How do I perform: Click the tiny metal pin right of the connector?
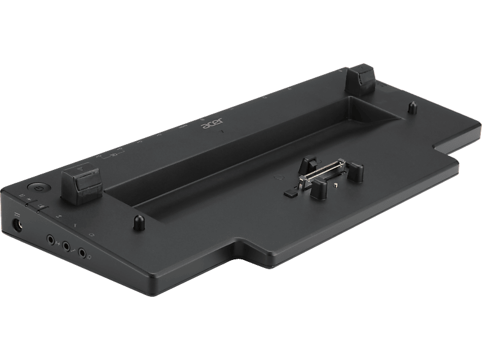tap(337, 182)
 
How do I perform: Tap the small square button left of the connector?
tap(288, 194)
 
